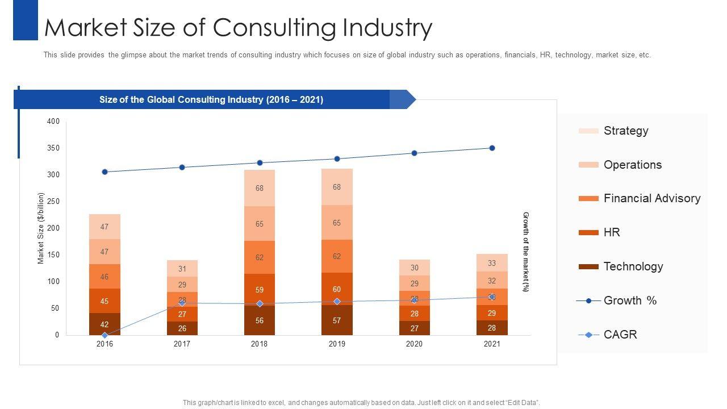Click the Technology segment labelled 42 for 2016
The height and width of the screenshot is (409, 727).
click(x=105, y=324)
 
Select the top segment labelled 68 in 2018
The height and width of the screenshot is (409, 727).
click(x=260, y=188)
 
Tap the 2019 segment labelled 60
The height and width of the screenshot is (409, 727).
click(x=337, y=289)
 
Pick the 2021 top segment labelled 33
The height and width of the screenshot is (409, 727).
click(x=492, y=263)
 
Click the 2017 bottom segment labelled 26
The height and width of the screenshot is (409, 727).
click(x=182, y=328)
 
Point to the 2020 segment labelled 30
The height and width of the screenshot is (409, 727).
click(x=414, y=268)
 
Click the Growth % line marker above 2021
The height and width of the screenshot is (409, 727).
click(x=492, y=148)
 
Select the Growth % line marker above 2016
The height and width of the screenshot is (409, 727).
click(x=105, y=172)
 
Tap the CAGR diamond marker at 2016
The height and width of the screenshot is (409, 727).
click(x=105, y=335)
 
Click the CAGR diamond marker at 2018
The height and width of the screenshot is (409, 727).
click(x=260, y=304)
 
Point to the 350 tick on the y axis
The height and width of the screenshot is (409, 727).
click(x=53, y=148)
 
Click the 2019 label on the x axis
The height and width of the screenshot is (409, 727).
click(x=337, y=344)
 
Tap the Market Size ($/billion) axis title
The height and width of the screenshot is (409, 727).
click(x=41, y=228)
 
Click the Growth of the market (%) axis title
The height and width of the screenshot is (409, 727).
click(x=525, y=252)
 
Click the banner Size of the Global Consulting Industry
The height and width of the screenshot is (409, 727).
click(x=211, y=99)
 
